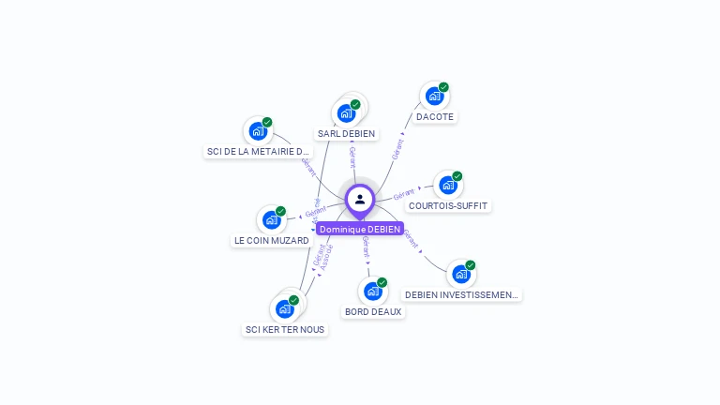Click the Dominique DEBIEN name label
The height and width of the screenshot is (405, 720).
(360, 229)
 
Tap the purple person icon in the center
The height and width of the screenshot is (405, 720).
(360, 199)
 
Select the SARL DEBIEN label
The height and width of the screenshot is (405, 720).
(346, 134)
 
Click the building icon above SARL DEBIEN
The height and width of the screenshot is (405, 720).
(347, 113)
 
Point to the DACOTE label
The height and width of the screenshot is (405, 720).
(435, 117)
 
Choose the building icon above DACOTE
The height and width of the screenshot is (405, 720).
(433, 96)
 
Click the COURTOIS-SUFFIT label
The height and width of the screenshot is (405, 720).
(449, 205)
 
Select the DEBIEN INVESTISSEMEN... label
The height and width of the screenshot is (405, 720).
(461, 294)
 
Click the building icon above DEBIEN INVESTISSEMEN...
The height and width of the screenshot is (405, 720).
(460, 274)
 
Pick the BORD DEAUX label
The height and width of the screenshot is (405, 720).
(373, 311)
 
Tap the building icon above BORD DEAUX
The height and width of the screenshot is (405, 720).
(372, 291)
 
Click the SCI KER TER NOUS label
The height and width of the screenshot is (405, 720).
(285, 329)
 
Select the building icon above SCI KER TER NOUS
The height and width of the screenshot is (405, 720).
(285, 308)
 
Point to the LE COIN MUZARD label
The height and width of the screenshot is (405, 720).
(272, 241)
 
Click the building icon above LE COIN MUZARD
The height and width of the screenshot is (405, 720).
(272, 220)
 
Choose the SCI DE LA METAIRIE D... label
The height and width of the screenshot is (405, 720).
(258, 151)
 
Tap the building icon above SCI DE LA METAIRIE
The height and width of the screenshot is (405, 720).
(257, 131)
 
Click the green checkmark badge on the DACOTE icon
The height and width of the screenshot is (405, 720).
(443, 87)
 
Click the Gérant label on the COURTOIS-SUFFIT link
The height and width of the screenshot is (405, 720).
(404, 194)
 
